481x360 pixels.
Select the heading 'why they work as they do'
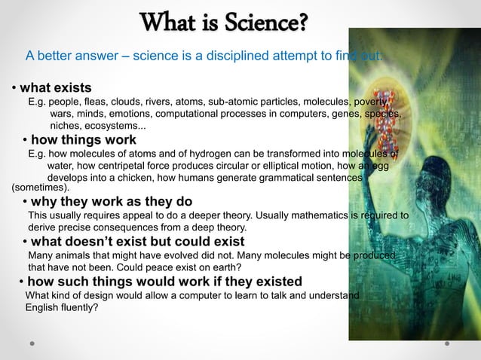pos(111,202)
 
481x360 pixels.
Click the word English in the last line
pos(46,307)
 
